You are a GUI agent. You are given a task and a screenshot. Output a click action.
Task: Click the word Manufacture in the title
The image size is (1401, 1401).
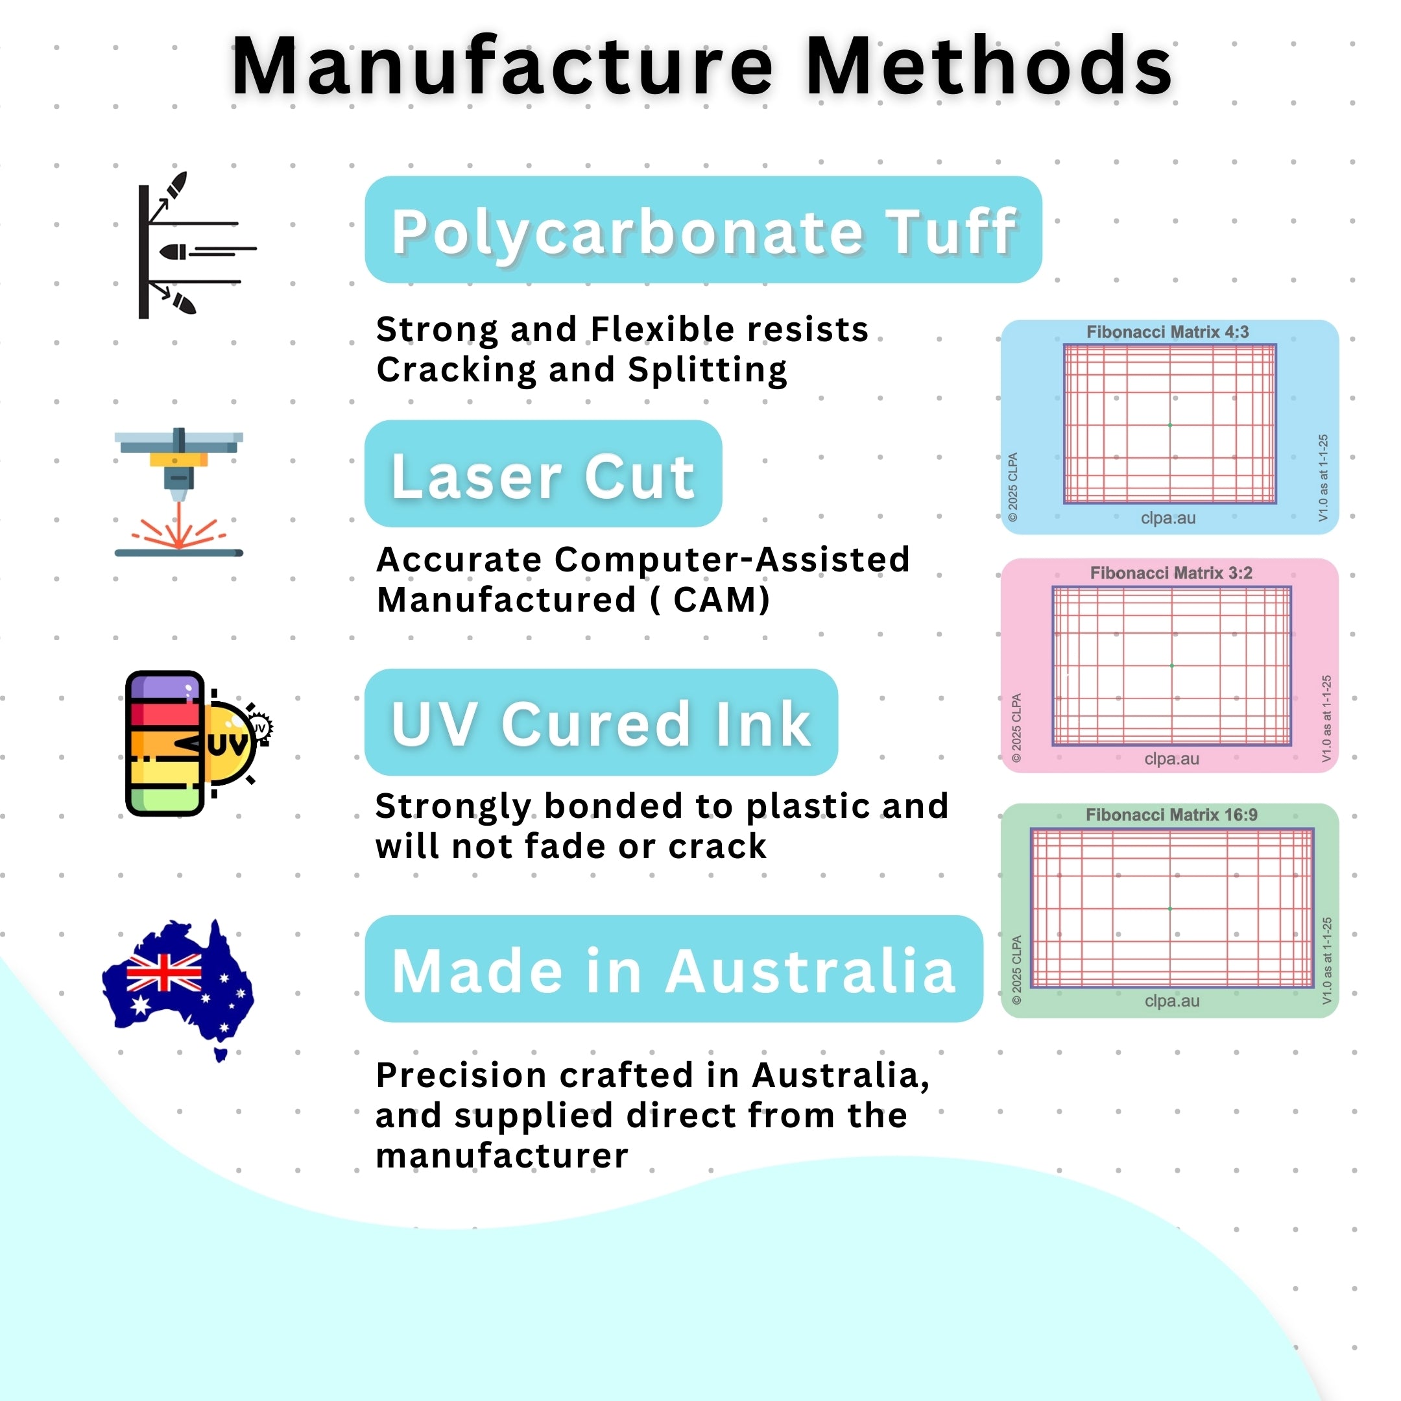[x=503, y=67]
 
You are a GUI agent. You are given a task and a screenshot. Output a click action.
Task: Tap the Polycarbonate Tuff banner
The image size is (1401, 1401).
[x=702, y=230]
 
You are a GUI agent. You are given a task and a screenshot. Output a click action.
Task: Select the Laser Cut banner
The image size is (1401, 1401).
[x=543, y=474]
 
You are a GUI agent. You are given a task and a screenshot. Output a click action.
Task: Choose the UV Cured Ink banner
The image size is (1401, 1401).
[x=601, y=723]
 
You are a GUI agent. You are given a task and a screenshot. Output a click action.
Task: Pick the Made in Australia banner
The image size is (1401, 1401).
[x=673, y=970]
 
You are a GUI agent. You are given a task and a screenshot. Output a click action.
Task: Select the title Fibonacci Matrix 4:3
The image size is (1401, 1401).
[x=1167, y=332]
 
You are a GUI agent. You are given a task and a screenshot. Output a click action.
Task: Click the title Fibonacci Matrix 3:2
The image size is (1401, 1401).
[x=1171, y=573]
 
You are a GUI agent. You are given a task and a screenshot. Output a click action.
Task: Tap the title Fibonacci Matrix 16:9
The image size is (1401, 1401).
[x=1171, y=815]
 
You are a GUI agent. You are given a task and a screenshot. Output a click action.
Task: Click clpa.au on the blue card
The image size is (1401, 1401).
[x=1168, y=518]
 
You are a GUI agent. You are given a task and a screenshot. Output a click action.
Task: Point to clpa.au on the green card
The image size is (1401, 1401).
[x=1172, y=1001]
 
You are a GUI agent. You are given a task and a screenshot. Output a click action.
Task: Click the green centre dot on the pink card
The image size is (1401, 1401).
[x=1172, y=665]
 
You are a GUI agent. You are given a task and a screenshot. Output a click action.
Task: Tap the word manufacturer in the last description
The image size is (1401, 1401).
[x=502, y=1156]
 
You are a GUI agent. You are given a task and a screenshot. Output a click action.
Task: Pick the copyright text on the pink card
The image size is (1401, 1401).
[x=1016, y=728]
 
